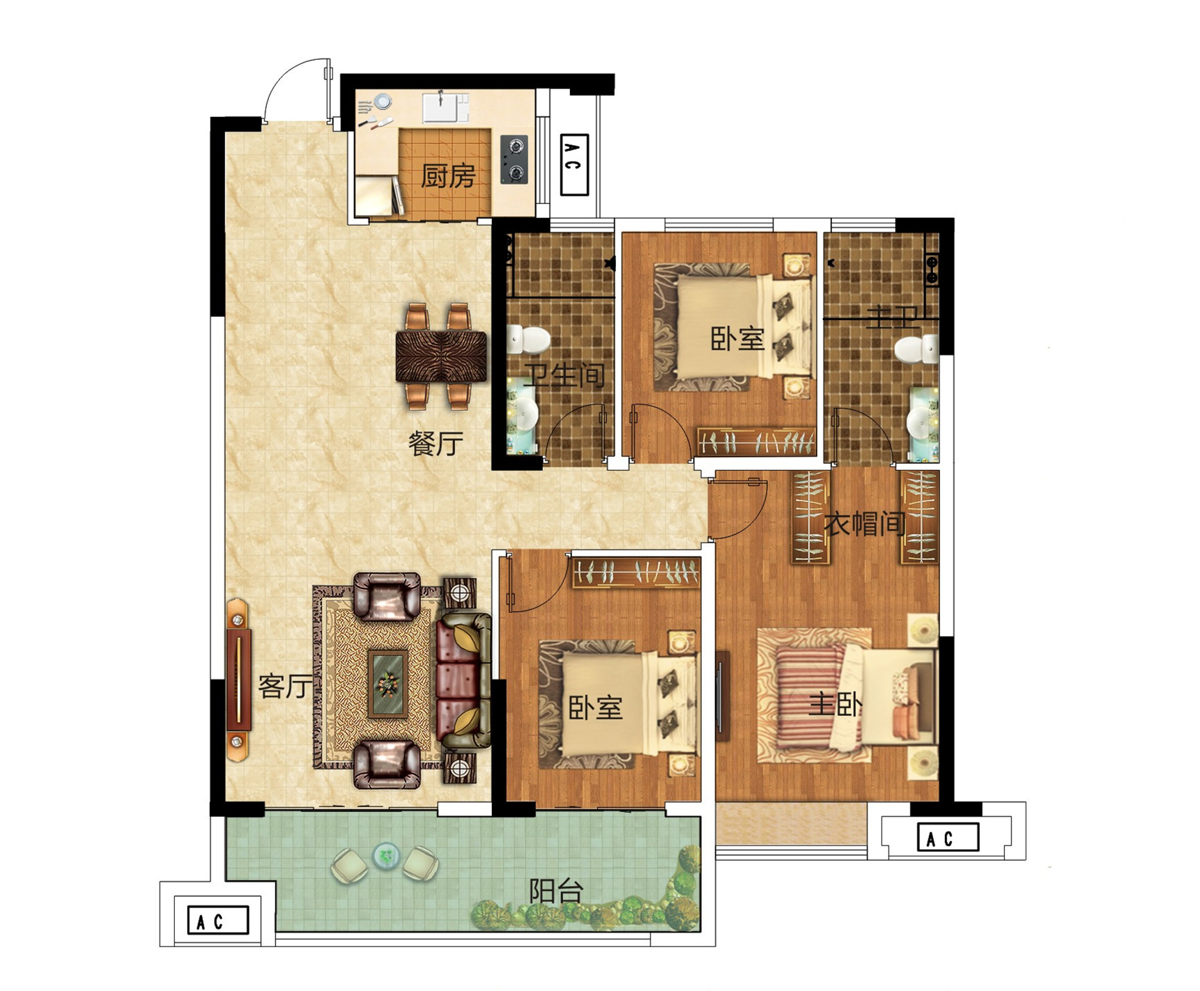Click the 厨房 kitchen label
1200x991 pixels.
coord(447,175)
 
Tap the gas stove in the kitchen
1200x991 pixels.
coord(514,159)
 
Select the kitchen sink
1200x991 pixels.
coord(445,107)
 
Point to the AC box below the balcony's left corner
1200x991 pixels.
coord(218,920)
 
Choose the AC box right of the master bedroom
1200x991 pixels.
coord(948,837)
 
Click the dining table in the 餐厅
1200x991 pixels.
coord(441,356)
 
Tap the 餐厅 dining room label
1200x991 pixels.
coord(436,444)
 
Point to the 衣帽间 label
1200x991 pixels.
coord(864,524)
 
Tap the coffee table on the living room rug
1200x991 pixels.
coord(388,684)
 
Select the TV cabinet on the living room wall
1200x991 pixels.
coord(238,680)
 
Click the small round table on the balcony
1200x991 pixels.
coord(385,856)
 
